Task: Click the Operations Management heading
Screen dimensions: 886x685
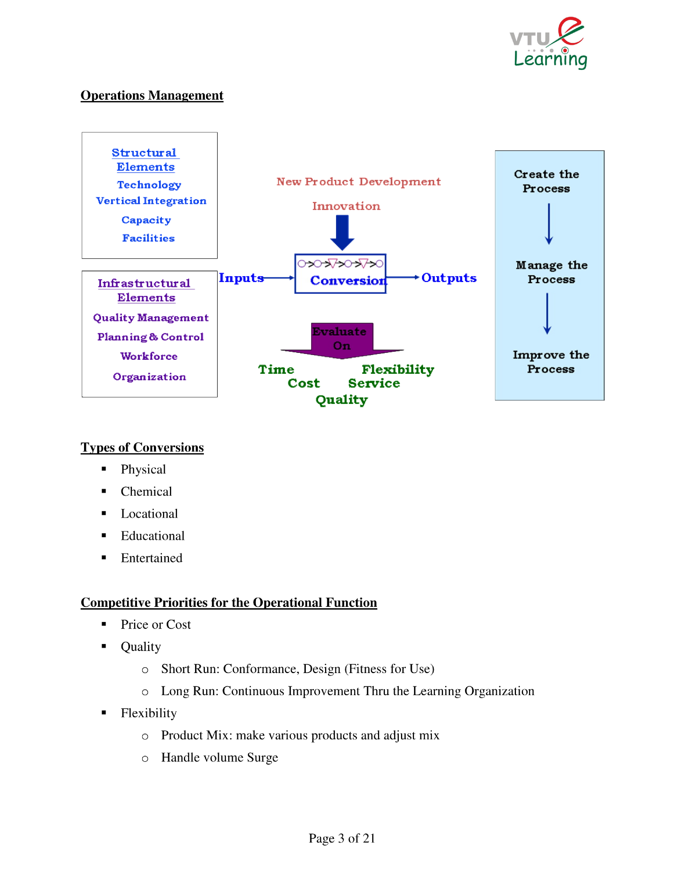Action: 152,95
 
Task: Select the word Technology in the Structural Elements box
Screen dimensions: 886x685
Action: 149,185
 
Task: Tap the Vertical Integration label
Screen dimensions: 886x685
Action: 151,201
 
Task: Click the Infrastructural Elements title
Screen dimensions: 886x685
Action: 145,290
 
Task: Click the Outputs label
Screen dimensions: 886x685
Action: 449,278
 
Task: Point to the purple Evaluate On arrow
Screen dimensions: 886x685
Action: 342,341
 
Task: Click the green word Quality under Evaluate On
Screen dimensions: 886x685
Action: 342,400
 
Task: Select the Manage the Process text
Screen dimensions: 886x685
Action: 551,272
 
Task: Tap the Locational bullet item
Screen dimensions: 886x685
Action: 149,514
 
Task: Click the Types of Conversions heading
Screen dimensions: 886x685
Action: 142,447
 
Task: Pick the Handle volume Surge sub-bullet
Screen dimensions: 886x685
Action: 219,757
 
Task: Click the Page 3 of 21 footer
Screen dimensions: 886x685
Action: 342,838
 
